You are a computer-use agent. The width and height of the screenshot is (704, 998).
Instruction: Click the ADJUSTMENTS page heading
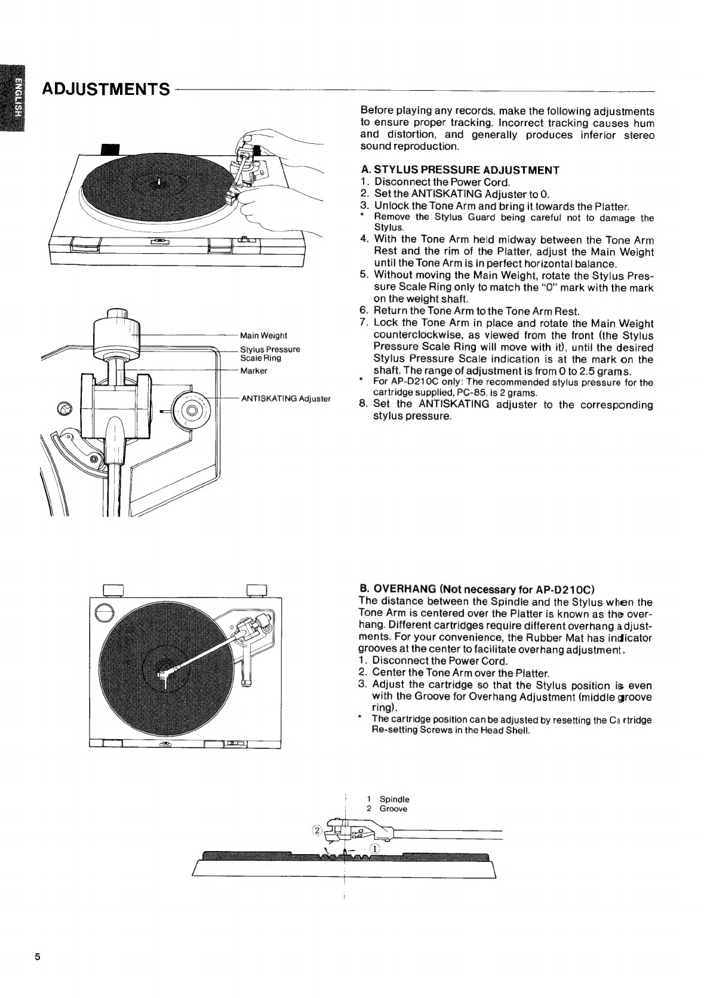[106, 90]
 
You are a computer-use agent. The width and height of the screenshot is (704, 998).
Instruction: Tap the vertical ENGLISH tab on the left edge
[13, 98]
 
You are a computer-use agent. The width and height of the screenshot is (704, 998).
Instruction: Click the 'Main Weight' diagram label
[263, 335]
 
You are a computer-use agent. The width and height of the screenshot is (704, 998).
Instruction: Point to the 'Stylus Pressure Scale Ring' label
[270, 354]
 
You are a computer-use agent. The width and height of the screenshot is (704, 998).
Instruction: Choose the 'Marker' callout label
[254, 371]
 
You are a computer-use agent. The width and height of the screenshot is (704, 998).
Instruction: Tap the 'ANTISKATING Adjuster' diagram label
[286, 399]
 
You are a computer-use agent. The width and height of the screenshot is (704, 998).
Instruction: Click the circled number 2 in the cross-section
[317, 830]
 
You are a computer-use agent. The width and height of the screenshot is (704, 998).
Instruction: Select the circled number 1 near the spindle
[375, 849]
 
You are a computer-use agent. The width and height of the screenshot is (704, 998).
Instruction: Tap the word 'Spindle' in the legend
[394, 799]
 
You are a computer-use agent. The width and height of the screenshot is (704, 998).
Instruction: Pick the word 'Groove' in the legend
[393, 809]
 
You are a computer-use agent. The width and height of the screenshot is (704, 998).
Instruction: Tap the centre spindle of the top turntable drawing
[159, 182]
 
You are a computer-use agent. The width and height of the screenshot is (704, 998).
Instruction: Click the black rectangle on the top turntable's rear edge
[110, 149]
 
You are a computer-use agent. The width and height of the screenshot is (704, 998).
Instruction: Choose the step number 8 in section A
[364, 405]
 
